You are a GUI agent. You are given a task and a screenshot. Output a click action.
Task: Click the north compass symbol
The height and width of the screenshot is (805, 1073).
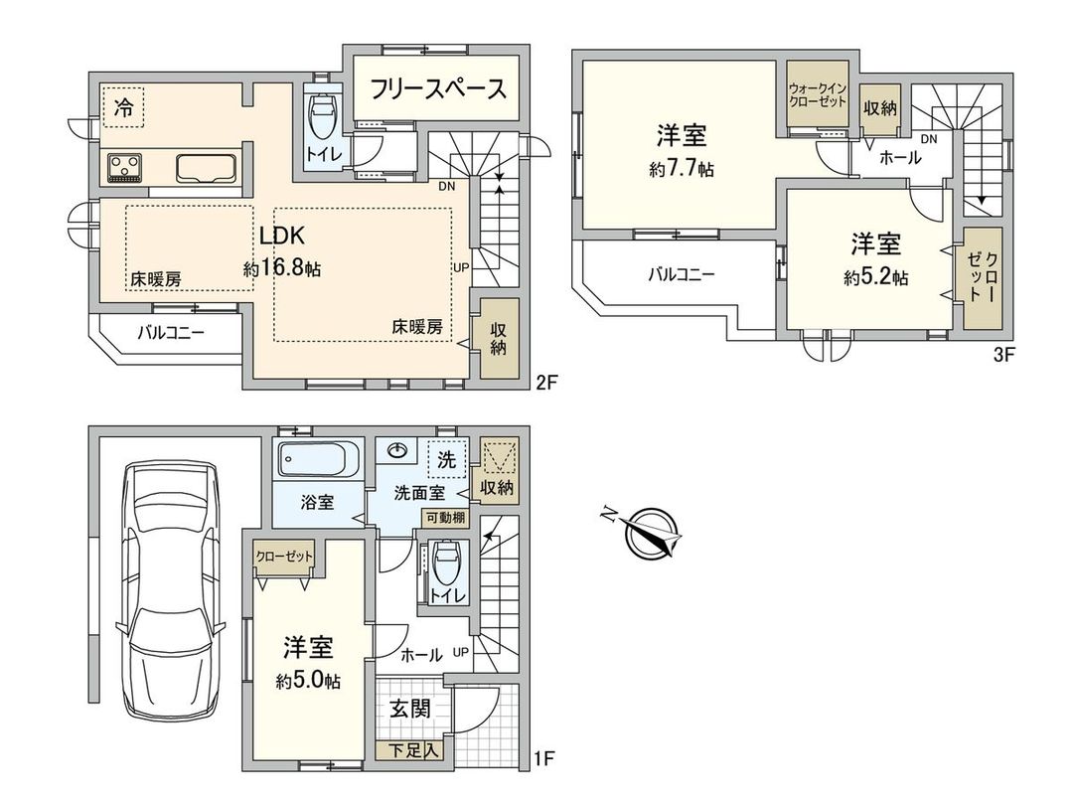[x=653, y=531]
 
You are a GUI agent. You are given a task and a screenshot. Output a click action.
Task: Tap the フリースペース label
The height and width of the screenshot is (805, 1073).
[x=438, y=89]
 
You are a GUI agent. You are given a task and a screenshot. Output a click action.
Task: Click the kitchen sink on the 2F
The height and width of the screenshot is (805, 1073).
[x=205, y=167]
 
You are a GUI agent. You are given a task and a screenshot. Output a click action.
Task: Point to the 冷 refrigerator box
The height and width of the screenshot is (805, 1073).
[x=122, y=106]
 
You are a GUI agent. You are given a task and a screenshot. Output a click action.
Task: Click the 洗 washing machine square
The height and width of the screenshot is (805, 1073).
[x=447, y=459]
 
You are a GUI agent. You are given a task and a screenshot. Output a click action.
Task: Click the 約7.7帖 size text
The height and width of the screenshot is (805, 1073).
[x=681, y=170]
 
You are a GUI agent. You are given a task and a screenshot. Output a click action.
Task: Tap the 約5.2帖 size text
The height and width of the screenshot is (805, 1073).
[x=875, y=278]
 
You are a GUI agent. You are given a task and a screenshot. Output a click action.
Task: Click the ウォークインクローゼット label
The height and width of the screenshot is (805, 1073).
[x=818, y=96]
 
